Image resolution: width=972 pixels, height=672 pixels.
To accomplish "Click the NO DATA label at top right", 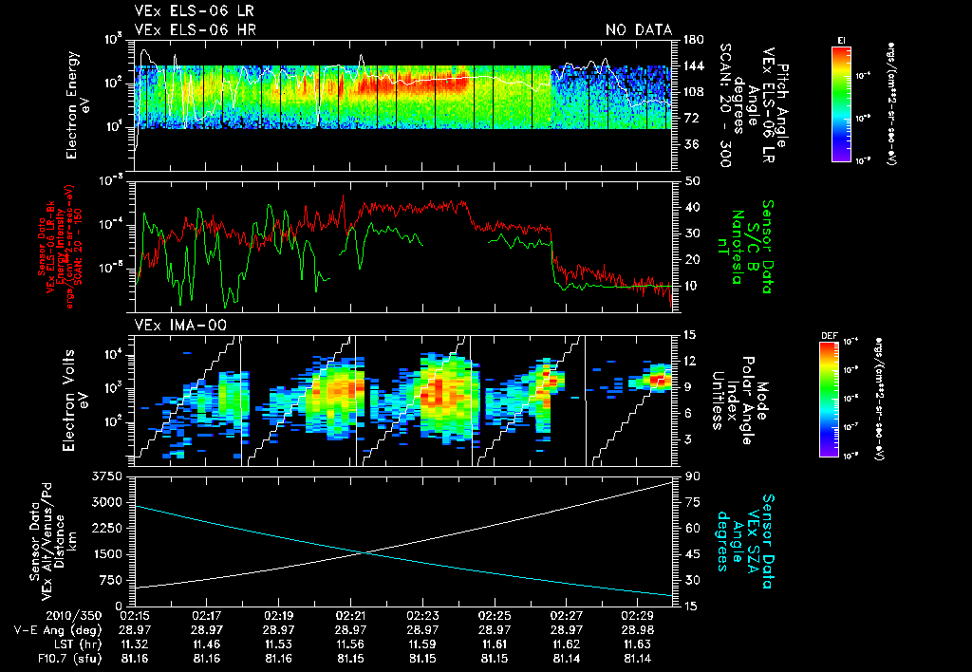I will (639, 29).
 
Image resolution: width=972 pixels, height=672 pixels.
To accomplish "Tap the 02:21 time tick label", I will (352, 615).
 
